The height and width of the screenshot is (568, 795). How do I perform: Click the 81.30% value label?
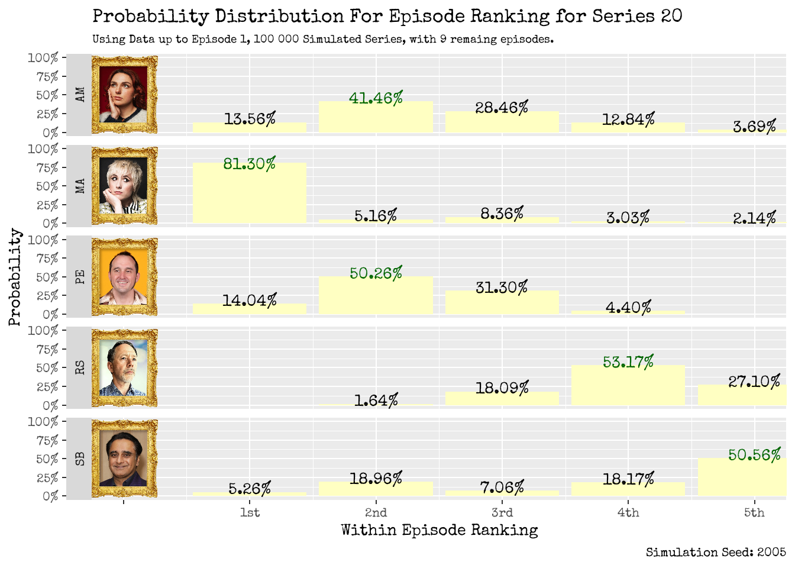249,164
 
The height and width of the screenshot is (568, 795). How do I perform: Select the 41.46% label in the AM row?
376,98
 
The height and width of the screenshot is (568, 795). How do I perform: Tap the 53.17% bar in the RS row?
628,385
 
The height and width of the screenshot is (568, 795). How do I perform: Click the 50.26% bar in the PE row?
376,296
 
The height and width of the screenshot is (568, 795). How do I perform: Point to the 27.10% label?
754,382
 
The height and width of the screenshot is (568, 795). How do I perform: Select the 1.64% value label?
376,401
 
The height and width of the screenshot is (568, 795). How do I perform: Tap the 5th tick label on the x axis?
754,512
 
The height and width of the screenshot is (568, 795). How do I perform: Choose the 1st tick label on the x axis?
249,512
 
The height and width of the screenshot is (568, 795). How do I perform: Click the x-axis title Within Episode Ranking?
439,530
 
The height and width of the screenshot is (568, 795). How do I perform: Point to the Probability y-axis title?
15,277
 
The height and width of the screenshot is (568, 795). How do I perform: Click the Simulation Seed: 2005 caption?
716,552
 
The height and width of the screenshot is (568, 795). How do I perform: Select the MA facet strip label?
80,186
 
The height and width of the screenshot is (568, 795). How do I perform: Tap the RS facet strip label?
80,367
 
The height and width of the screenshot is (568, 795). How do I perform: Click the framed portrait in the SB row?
124,459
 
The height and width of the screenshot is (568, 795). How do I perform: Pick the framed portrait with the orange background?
124,277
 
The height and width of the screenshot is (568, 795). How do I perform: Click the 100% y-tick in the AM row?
43,58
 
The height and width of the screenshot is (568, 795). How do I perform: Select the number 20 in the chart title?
671,16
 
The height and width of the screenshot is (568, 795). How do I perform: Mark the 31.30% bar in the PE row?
502,302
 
